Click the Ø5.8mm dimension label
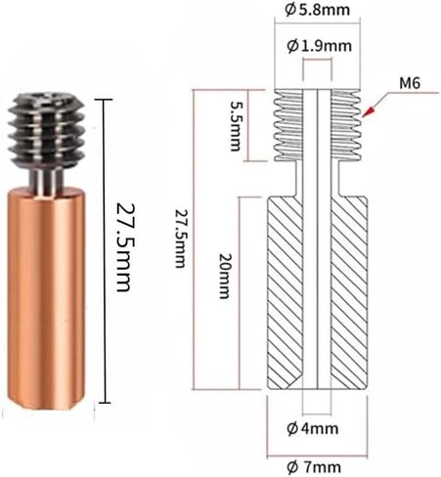click(317, 10)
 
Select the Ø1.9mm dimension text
click(319, 46)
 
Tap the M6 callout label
click(410, 83)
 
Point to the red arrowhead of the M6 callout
click(368, 111)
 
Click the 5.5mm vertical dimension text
click(236, 126)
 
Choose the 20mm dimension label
click(224, 276)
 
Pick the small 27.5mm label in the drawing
click(180, 238)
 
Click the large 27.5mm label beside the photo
click(124, 247)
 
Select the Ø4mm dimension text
click(313, 428)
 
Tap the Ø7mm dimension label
click(314, 468)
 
